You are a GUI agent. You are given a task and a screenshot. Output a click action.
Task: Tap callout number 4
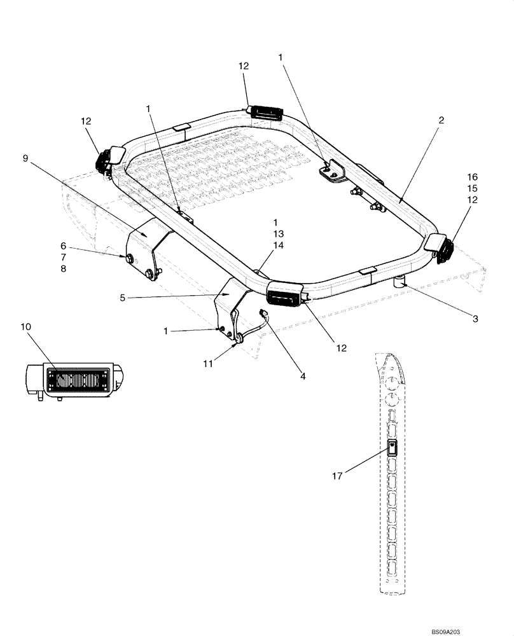(x=303, y=376)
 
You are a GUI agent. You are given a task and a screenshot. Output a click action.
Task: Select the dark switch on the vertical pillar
(x=393, y=450)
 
